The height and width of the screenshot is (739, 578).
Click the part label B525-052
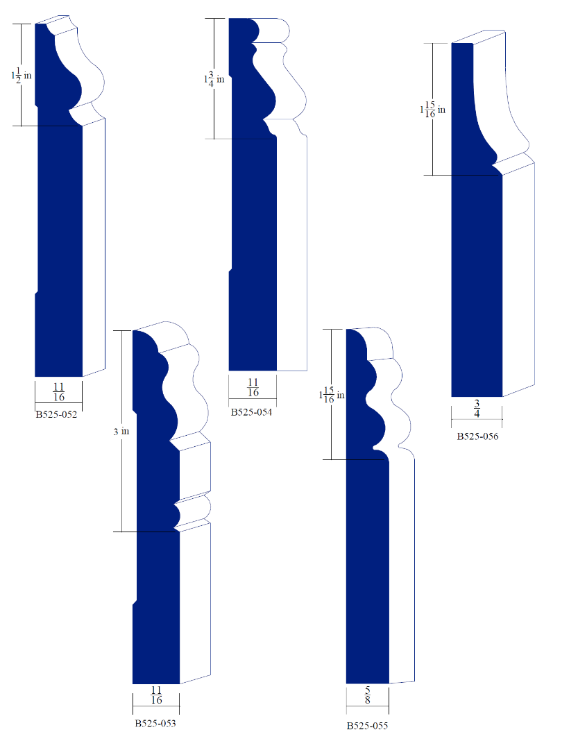coord(57,415)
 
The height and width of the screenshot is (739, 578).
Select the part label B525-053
coord(155,723)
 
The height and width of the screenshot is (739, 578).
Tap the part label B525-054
coord(251,412)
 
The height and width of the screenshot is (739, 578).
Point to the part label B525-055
coord(367,726)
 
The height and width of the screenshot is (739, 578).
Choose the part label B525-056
coord(477,436)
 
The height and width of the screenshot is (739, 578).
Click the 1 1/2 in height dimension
coord(22,76)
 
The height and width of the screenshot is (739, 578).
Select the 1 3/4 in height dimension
coord(214,79)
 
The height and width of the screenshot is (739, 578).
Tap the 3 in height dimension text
coord(121,431)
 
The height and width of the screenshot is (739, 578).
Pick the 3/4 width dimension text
coord(477,408)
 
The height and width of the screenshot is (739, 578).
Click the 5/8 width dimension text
coord(367,696)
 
